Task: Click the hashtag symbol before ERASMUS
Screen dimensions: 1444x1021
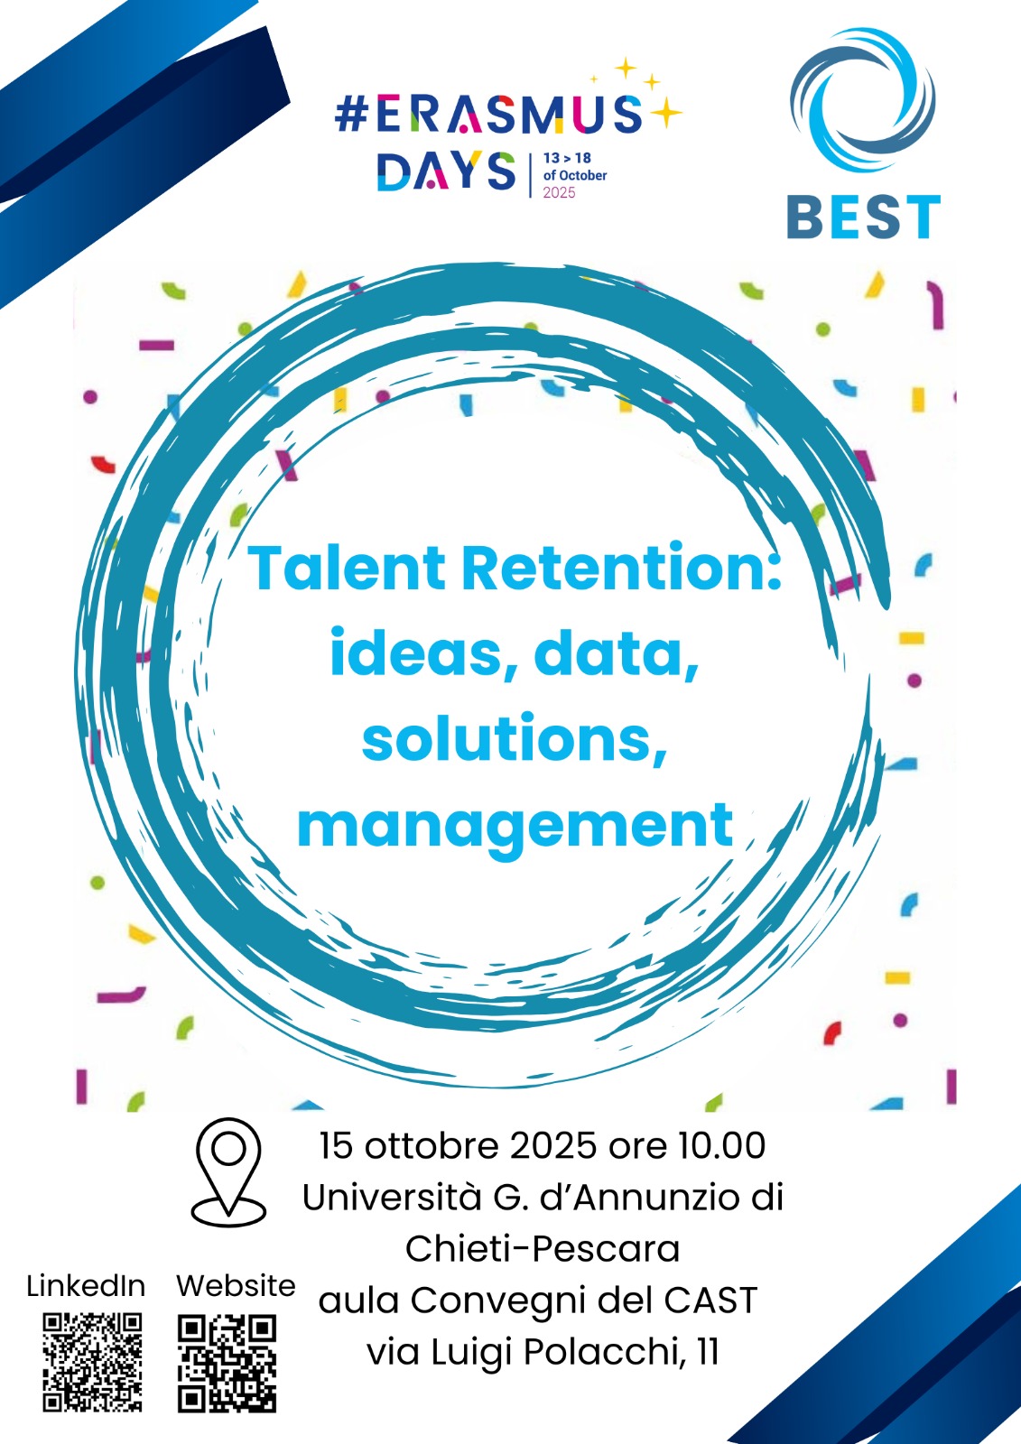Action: (x=351, y=116)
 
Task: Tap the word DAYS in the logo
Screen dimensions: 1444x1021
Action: (x=446, y=171)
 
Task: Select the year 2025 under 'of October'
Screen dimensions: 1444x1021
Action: (x=559, y=192)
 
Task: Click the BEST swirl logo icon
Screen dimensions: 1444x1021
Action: (x=862, y=99)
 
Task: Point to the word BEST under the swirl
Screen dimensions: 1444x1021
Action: (x=863, y=218)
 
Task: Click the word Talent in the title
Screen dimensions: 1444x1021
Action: (x=347, y=569)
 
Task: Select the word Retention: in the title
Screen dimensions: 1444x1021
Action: (x=621, y=569)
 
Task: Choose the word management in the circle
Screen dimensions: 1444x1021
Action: (x=515, y=825)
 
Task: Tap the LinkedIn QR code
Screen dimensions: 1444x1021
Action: (x=92, y=1362)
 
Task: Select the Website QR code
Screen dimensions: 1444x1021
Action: (x=227, y=1363)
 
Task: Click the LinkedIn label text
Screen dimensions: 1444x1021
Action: (x=86, y=1285)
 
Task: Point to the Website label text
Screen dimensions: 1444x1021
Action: (x=236, y=1285)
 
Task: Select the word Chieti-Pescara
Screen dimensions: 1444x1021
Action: (x=542, y=1249)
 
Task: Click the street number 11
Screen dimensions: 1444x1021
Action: (x=708, y=1352)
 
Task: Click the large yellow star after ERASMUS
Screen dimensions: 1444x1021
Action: (x=665, y=113)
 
